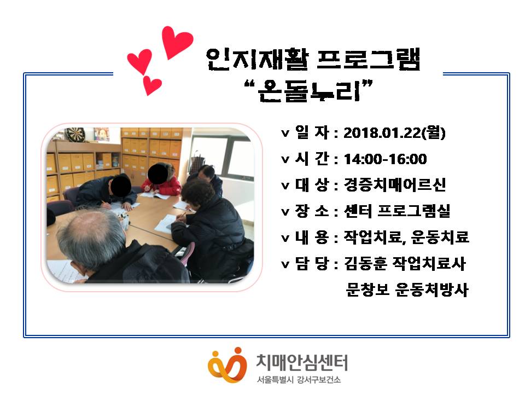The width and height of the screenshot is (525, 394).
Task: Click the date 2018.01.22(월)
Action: click(x=394, y=132)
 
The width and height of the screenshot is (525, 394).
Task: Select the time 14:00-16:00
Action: click(x=386, y=159)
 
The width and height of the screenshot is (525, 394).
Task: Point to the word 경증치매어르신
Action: click(x=395, y=184)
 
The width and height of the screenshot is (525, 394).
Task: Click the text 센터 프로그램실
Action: click(x=397, y=211)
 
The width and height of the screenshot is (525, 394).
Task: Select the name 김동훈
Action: click(x=366, y=263)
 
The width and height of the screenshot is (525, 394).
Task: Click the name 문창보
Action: click(x=367, y=289)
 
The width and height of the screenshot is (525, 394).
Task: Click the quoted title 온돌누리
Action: click(x=309, y=91)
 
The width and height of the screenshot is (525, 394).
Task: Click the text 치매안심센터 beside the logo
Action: click(x=302, y=362)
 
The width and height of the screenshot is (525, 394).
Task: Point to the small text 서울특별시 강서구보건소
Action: click(x=299, y=380)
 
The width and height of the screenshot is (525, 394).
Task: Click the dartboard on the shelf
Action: click(x=75, y=135)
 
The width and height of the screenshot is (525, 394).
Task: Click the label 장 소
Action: click(x=312, y=211)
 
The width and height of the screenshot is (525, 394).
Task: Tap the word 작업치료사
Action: click(x=429, y=263)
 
